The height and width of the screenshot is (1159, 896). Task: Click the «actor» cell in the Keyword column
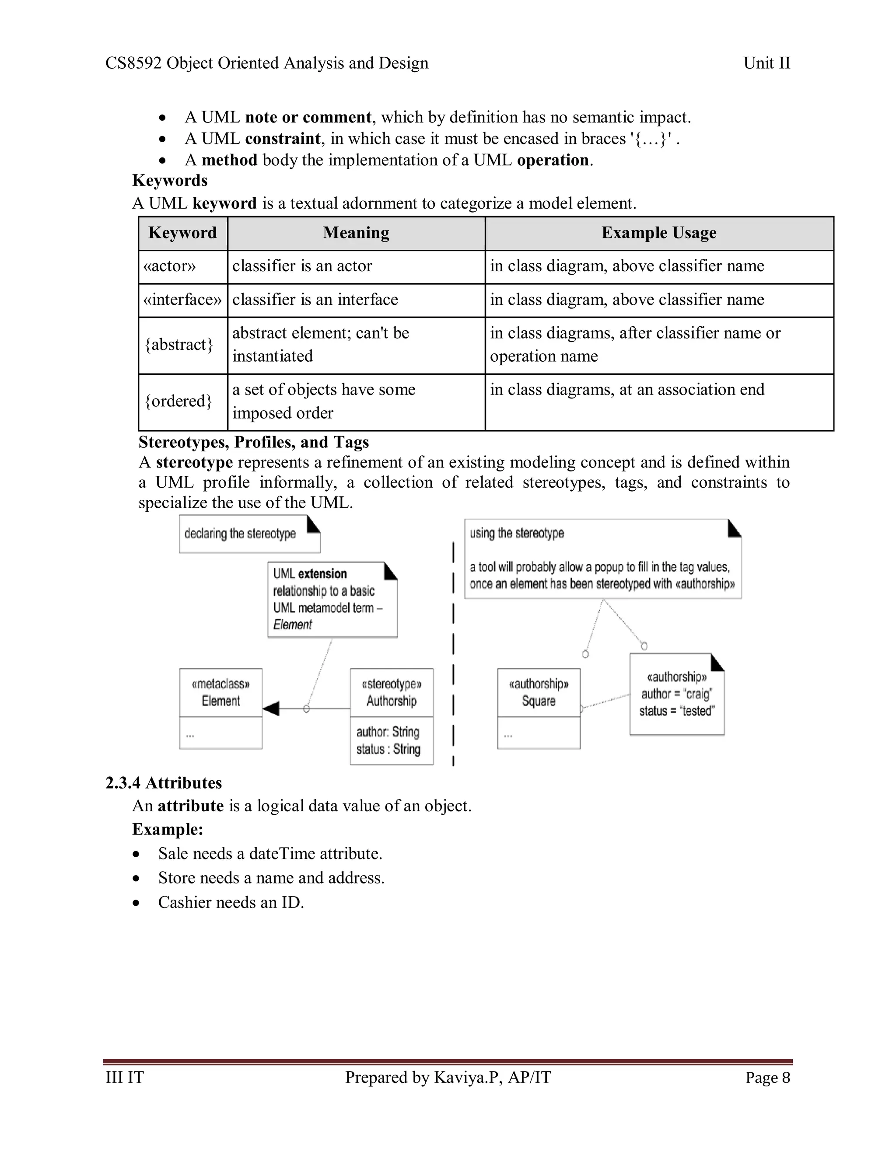pos(170,266)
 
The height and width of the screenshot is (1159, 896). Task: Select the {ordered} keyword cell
pos(178,401)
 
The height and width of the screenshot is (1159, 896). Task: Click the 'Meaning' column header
pos(356,233)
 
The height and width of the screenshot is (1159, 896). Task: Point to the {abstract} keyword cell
pos(179,345)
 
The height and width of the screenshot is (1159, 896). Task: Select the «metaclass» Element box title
pos(221,692)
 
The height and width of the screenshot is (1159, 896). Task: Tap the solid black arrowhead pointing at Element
pos(271,709)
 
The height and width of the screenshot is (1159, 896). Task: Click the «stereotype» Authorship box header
pos(391,692)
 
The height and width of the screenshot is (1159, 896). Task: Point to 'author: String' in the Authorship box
pos(388,732)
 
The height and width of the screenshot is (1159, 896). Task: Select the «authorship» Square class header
pos(538,692)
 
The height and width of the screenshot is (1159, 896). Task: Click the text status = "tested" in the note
pos(677,711)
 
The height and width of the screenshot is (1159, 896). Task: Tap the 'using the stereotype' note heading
pos(517,533)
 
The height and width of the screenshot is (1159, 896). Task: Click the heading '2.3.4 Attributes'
pos(164,783)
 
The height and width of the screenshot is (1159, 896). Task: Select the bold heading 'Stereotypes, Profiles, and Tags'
pos(254,442)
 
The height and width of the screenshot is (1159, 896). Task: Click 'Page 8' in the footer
pos(767,1078)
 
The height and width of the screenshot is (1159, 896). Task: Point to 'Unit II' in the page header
pos(766,63)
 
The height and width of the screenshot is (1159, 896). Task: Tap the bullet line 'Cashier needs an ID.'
pos(231,902)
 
